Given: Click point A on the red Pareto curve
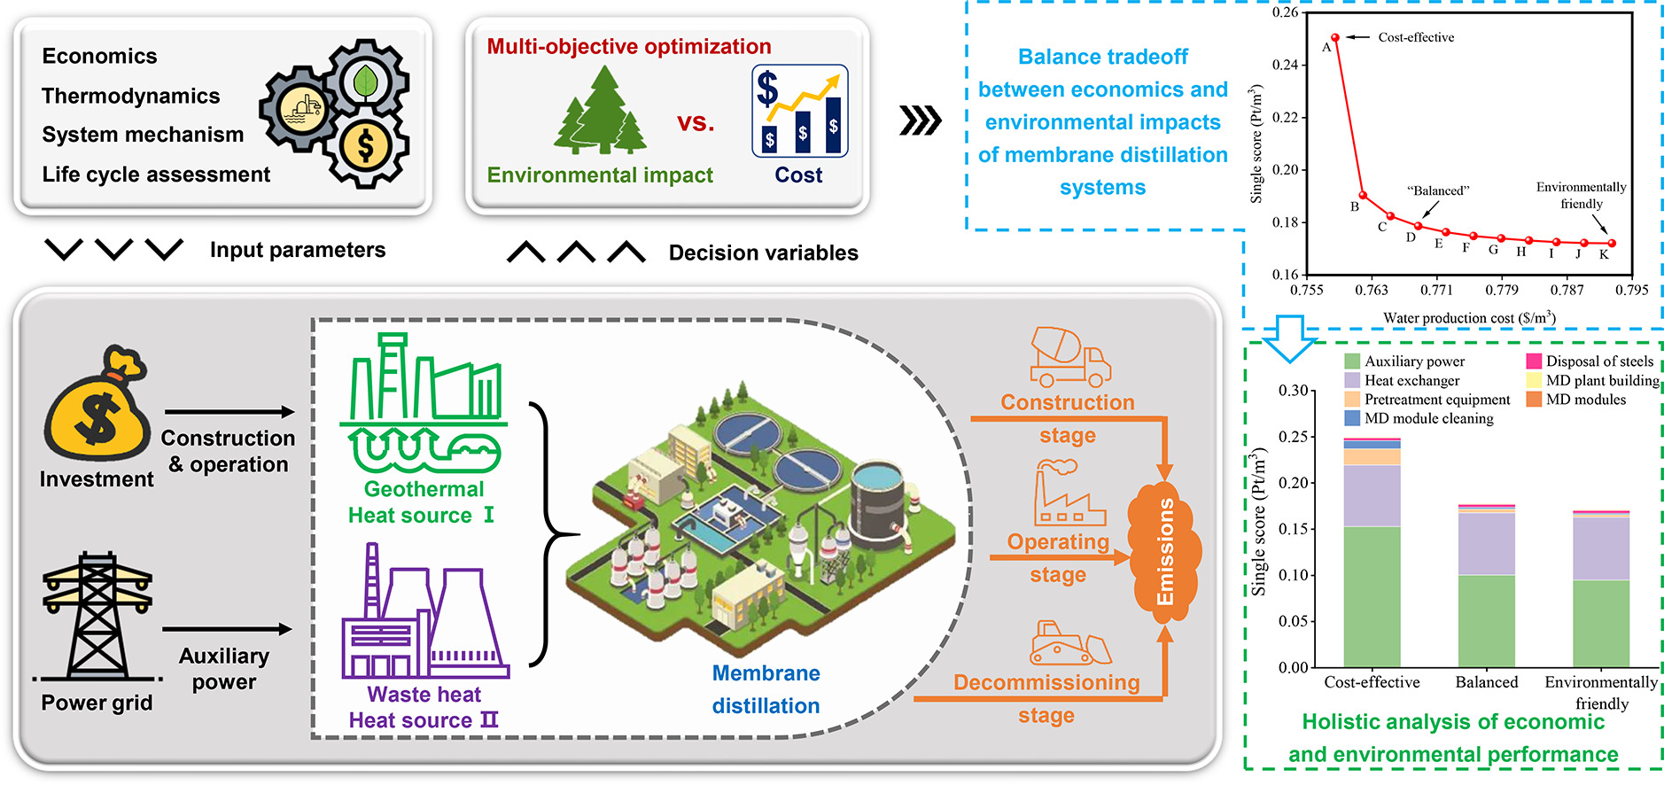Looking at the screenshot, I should (x=1335, y=38).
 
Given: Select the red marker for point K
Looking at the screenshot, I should (x=1612, y=243).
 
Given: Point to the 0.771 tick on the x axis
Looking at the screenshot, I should (x=1436, y=290).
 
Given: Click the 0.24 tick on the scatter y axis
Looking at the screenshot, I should (x=1285, y=65).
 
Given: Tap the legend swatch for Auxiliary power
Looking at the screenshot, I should (x=1352, y=361).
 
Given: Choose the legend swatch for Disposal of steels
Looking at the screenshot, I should (x=1534, y=361).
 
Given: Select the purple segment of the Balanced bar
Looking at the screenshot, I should (x=1486, y=544).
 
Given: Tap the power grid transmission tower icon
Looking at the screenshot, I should (x=97, y=616).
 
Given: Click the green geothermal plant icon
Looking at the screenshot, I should (x=424, y=403).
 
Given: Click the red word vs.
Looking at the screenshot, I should (x=696, y=122).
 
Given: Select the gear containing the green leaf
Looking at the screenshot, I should (x=365, y=82).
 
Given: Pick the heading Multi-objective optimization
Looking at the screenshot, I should (x=629, y=47).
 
